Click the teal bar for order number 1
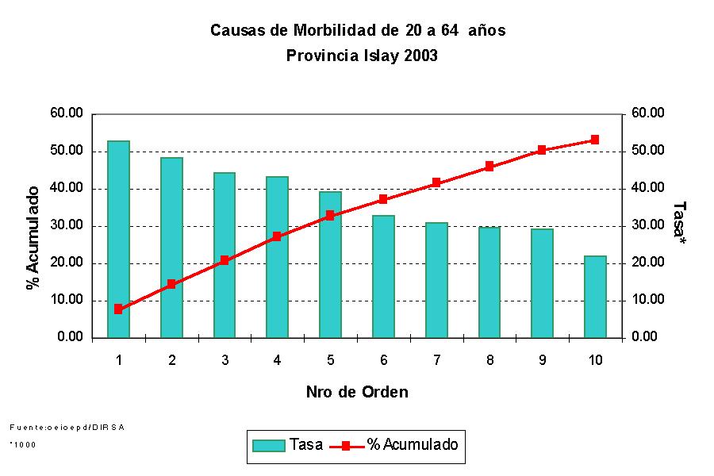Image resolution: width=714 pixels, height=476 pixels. [x=118, y=239]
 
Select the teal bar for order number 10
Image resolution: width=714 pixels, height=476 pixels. [x=595, y=297]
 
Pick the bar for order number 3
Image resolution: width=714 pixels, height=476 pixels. [x=225, y=255]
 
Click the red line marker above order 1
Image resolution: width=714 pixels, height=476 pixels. [x=118, y=309]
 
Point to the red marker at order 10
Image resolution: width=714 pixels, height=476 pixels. [x=595, y=140]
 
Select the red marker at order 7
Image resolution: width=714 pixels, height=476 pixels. [x=436, y=182]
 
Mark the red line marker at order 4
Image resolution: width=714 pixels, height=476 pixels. [x=277, y=236]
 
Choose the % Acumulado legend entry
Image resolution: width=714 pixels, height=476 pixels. [x=400, y=445]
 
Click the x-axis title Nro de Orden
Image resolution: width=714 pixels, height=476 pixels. [x=357, y=392]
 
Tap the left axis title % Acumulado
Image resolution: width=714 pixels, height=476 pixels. [x=33, y=239]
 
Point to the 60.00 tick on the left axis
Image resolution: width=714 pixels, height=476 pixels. [x=67, y=113]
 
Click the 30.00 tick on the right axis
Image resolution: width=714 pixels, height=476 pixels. [x=648, y=225]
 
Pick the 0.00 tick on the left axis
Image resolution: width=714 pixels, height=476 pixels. [x=70, y=337]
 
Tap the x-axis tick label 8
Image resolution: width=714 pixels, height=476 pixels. [x=489, y=361]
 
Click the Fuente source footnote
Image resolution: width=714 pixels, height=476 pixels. [x=67, y=427]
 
